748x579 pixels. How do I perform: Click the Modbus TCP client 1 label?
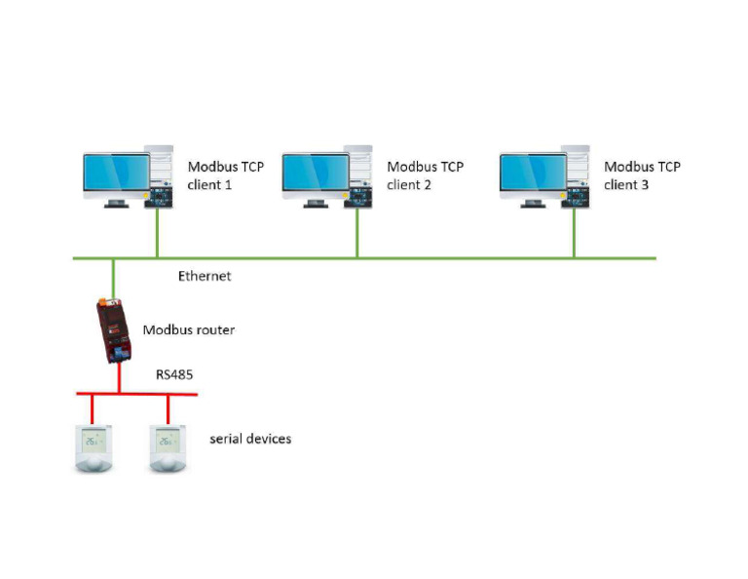(x=225, y=175)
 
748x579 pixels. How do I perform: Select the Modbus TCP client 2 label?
(x=425, y=175)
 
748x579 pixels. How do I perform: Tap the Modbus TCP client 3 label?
(x=642, y=175)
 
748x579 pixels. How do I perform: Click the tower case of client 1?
(x=158, y=175)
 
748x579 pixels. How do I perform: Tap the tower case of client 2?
(x=357, y=175)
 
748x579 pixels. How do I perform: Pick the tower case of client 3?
(x=575, y=175)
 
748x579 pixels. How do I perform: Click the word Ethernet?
(x=205, y=276)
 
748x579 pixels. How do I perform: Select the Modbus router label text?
(x=189, y=329)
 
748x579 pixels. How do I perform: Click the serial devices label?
(x=250, y=439)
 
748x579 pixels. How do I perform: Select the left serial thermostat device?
(x=93, y=447)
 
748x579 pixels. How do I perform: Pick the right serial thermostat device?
(x=168, y=447)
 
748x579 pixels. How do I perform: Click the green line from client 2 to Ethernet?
(x=356, y=234)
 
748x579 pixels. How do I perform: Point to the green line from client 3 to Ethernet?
(x=574, y=234)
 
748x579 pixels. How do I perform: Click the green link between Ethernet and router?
(x=113, y=275)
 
